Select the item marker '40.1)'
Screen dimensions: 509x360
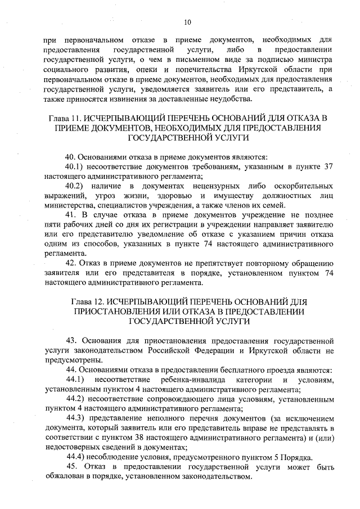[x=75, y=167]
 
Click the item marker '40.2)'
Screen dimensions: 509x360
[x=75, y=186]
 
